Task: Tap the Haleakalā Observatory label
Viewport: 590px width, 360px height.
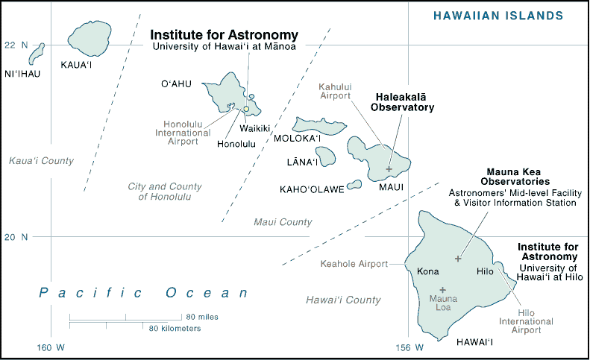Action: pos(403,102)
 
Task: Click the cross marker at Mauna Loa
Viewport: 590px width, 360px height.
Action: pos(443,290)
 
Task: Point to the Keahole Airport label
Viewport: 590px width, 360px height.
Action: pos(354,264)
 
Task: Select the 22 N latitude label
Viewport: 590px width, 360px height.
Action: pos(16,45)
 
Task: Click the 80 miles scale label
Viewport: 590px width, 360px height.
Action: pos(202,317)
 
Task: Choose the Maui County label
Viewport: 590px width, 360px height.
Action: pos(283,222)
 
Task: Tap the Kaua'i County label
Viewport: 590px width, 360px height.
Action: pos(41,161)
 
